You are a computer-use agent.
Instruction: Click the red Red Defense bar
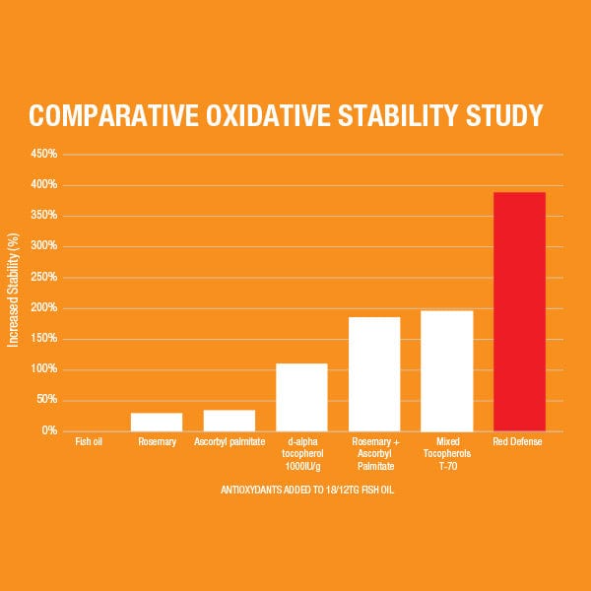click(519, 311)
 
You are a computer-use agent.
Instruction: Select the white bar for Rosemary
click(157, 422)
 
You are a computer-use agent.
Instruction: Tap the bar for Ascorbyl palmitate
click(230, 421)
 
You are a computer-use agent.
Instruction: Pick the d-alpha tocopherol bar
click(301, 397)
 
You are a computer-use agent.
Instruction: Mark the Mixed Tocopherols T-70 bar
click(446, 370)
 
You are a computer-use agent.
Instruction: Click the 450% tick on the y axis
click(44, 155)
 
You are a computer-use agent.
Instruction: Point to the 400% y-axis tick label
click(44, 185)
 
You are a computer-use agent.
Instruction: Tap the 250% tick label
click(44, 277)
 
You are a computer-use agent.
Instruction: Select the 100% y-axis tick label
click(44, 369)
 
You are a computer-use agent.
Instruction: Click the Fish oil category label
click(89, 442)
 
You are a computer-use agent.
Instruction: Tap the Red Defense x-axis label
click(519, 442)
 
